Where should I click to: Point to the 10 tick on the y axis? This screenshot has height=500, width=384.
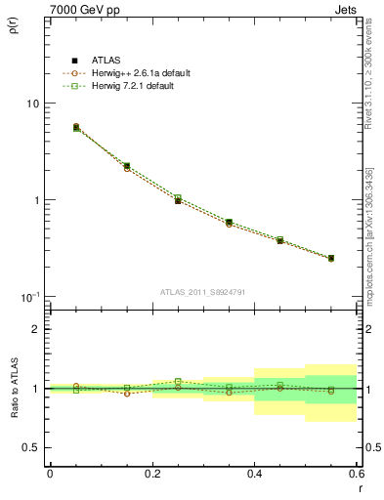(x=31, y=104)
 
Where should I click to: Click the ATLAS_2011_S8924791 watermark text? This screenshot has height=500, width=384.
(x=202, y=291)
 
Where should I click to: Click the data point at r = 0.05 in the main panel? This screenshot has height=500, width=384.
(x=76, y=127)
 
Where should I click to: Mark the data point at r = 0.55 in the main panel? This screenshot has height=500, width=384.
(x=331, y=258)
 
